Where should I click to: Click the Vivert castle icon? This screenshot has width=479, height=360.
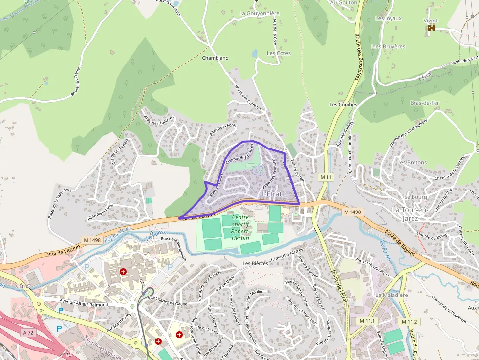431,28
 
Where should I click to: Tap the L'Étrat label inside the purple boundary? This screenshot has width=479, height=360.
272,194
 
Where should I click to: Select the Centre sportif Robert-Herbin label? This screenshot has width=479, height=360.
240,228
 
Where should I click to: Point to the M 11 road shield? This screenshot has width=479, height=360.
326,176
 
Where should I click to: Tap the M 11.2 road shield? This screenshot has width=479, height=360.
409,321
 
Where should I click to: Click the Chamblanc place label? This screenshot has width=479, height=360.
215,58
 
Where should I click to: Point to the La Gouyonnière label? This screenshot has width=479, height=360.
259,14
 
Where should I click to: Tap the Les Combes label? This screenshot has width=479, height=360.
343,105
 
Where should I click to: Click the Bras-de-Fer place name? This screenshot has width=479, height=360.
425,103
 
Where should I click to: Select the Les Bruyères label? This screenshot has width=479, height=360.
389,47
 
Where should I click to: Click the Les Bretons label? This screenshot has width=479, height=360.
412,162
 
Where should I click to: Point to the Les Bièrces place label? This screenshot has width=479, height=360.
255,263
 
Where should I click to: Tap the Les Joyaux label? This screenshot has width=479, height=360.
388,18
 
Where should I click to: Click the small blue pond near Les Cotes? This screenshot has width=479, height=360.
254,53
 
